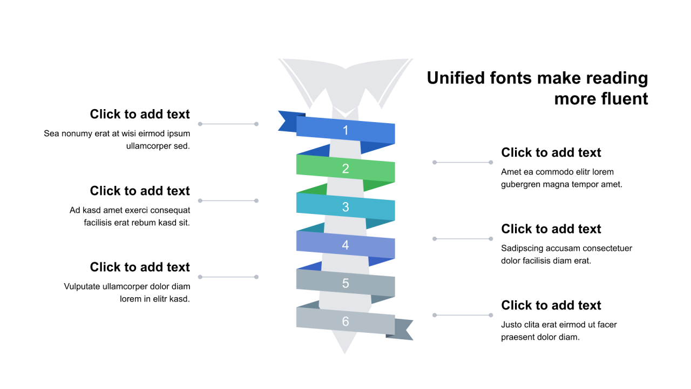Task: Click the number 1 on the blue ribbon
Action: [345, 130]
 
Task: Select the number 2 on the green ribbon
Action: [345, 169]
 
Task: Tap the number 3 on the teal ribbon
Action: [345, 207]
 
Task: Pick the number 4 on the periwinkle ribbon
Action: [345, 245]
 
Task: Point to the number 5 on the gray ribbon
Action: [345, 284]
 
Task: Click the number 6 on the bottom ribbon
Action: [345, 322]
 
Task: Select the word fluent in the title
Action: [623, 99]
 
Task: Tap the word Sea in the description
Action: [51, 133]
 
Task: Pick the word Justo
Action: [511, 325]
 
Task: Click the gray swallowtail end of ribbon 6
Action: [404, 330]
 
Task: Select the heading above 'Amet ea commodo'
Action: [551, 153]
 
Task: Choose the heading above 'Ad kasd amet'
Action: [140, 191]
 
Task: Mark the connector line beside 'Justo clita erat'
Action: [463, 315]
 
